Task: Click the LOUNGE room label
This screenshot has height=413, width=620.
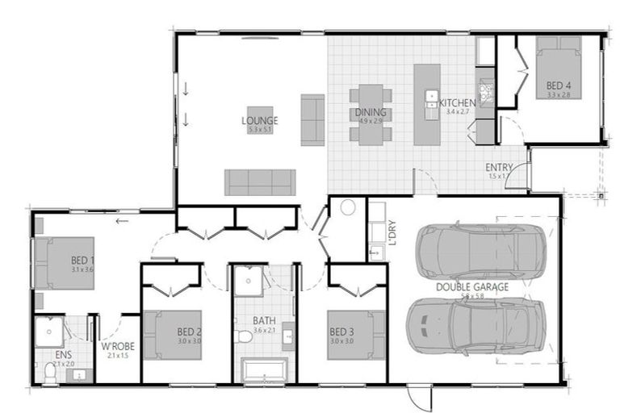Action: (x=259, y=121)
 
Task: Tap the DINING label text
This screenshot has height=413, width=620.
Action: (x=371, y=112)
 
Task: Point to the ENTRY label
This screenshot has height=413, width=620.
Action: (x=500, y=167)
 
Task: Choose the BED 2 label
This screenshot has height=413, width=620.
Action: (x=189, y=331)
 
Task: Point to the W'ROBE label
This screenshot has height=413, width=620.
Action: (x=117, y=348)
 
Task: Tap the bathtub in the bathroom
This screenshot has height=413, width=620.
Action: (x=266, y=372)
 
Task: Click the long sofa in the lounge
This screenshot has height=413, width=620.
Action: (x=260, y=182)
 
